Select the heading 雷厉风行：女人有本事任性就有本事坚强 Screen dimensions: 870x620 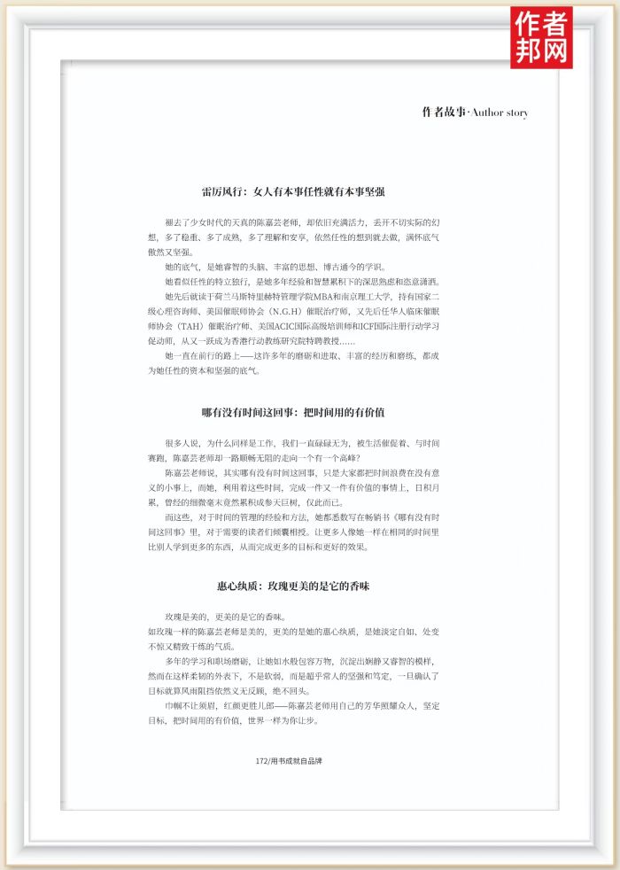click(x=292, y=190)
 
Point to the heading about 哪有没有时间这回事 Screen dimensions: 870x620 click(x=292, y=412)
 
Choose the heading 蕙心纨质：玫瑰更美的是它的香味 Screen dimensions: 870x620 click(x=292, y=586)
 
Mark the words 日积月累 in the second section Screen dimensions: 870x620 click(x=424, y=486)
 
